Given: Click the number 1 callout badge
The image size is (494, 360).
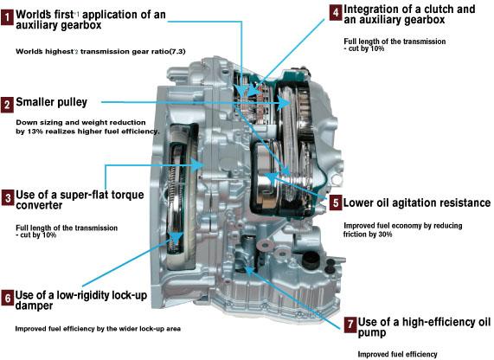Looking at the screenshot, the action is [7, 17].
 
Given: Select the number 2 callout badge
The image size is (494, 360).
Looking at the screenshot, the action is [7, 105].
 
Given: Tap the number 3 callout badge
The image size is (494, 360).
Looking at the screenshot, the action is [8, 197].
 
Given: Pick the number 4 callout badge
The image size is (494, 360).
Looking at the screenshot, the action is [336, 13].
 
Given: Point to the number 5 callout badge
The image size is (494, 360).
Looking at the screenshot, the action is [336, 202].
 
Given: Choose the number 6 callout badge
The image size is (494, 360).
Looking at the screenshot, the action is [7, 298].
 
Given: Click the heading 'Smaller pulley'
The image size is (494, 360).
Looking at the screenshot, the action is [51, 102].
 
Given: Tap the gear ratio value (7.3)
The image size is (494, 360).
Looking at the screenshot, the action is [177, 51].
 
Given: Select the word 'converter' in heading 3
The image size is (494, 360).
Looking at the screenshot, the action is [39, 206].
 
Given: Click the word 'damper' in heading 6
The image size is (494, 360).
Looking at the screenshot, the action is [34, 305].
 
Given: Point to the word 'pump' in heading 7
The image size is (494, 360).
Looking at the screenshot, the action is [372, 333].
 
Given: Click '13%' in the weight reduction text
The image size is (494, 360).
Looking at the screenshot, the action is [35, 132].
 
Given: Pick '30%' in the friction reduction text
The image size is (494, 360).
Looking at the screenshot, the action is [385, 235].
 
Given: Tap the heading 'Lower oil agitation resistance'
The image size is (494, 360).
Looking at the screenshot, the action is [416, 202].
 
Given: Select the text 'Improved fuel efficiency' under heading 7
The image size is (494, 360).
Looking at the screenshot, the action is [397, 354].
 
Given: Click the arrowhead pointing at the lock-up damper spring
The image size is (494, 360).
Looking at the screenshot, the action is [176, 237].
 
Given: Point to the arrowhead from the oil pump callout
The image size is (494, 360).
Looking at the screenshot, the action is [249, 270].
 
